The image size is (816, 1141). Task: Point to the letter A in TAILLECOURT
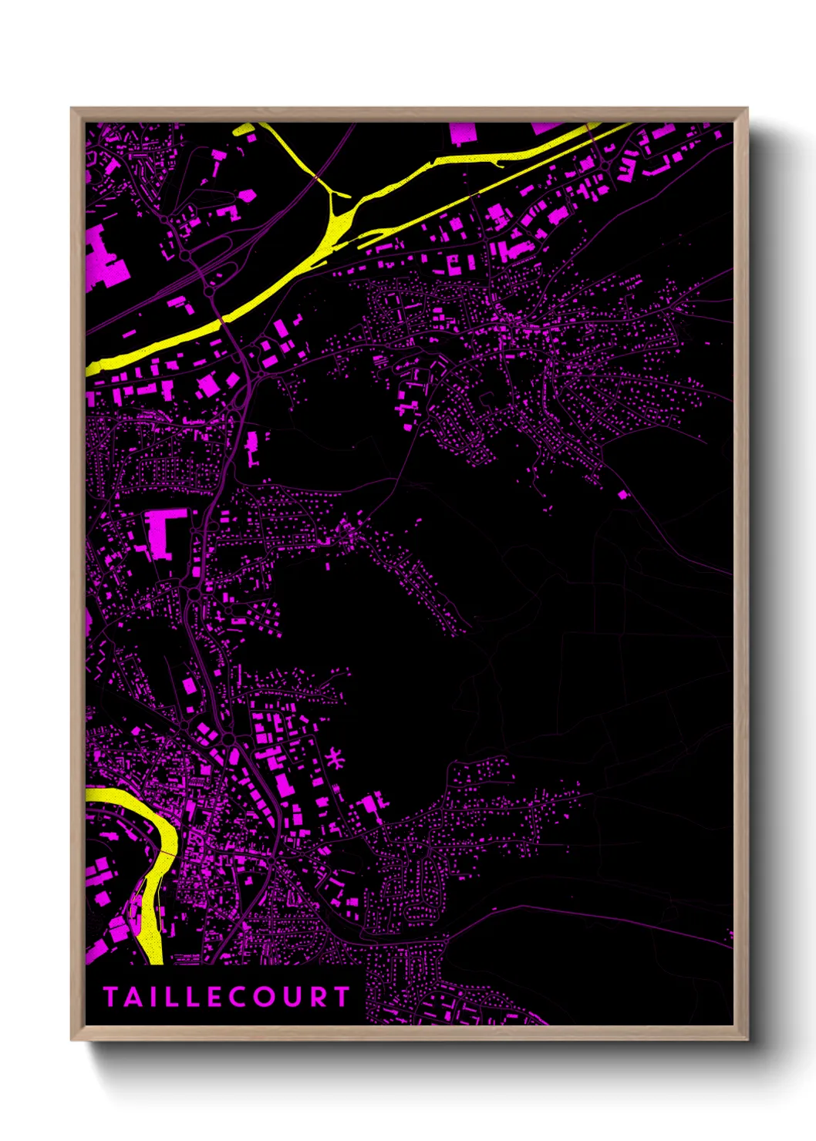pos(132,997)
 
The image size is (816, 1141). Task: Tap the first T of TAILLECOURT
pos(110,997)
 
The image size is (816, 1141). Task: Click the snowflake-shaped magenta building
pos(336,759)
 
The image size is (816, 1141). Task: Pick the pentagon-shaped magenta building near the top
pos(248,196)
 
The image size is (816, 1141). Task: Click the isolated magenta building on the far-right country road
pos(623,494)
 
